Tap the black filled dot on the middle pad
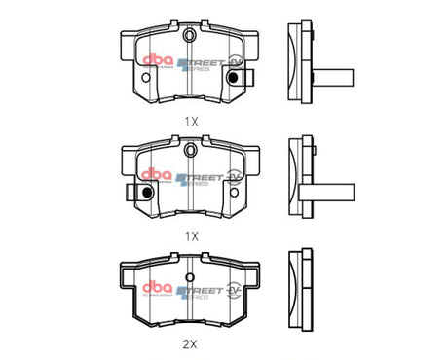pyautogui.click(x=147, y=191)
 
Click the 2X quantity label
pyautogui.click(x=191, y=343)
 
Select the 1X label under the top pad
pyautogui.click(x=191, y=123)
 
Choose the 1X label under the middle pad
pyautogui.click(x=191, y=234)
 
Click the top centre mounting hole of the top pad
pyautogui.click(x=191, y=37)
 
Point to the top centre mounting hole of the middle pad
pyautogui.click(x=191, y=148)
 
